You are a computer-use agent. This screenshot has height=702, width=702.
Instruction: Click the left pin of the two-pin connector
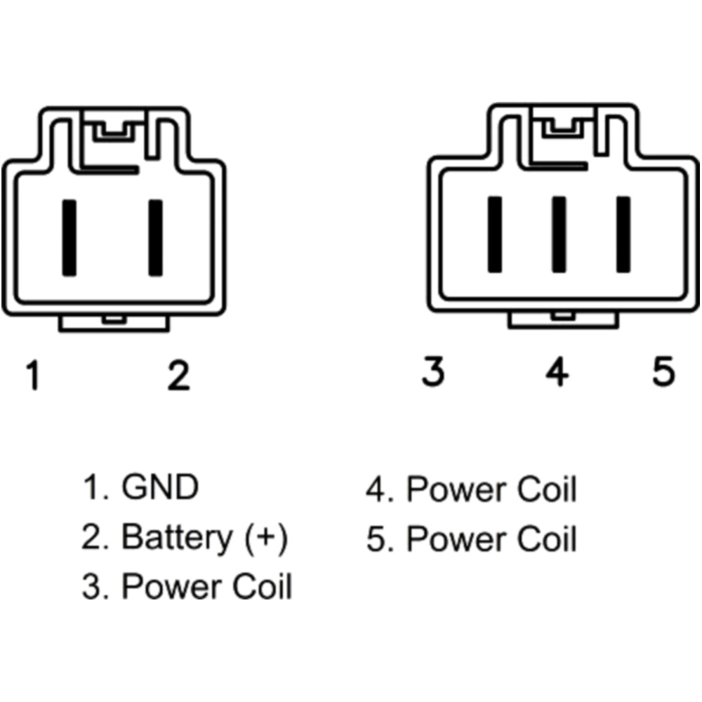(69, 237)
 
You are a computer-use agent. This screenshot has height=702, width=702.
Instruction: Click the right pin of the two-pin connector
(155, 237)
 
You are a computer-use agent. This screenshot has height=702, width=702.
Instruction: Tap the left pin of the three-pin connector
(495, 234)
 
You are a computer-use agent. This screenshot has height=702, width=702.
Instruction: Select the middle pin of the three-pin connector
(559, 234)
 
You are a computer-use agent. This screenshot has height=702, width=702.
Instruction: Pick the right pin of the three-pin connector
(623, 234)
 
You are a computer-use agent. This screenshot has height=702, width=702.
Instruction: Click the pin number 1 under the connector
(32, 375)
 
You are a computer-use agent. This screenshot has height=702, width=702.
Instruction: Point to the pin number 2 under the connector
(178, 375)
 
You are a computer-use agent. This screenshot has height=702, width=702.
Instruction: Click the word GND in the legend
(160, 487)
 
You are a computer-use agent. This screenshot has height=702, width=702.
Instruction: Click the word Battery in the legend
(177, 538)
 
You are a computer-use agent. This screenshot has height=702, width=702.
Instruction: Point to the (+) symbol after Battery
(267, 538)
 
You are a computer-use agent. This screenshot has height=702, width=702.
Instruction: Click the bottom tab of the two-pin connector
(114, 322)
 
